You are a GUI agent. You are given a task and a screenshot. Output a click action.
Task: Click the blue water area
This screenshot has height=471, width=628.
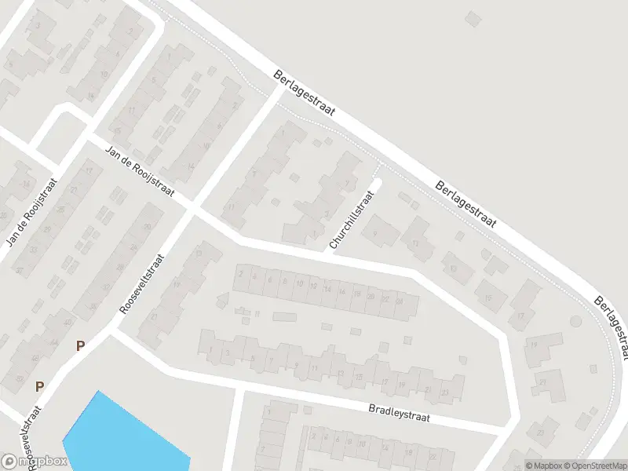click(x=118, y=436)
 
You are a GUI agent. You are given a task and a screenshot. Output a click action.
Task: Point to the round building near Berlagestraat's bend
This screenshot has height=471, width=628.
click(x=575, y=321)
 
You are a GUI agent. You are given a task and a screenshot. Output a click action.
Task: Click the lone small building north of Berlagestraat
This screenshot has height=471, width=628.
click(x=472, y=17)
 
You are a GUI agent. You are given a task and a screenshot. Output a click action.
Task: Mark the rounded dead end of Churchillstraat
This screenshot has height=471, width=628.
click(x=378, y=184)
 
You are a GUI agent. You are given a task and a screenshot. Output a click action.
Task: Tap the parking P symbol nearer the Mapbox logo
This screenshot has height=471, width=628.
click(x=39, y=386)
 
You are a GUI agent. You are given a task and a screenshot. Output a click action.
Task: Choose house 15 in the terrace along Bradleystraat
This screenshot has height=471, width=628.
click(x=358, y=376)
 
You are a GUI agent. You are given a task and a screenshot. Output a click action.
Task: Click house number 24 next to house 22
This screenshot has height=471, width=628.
click(x=400, y=301)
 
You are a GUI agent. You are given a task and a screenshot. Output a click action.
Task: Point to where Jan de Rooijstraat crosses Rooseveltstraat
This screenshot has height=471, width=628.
click(x=193, y=208)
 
